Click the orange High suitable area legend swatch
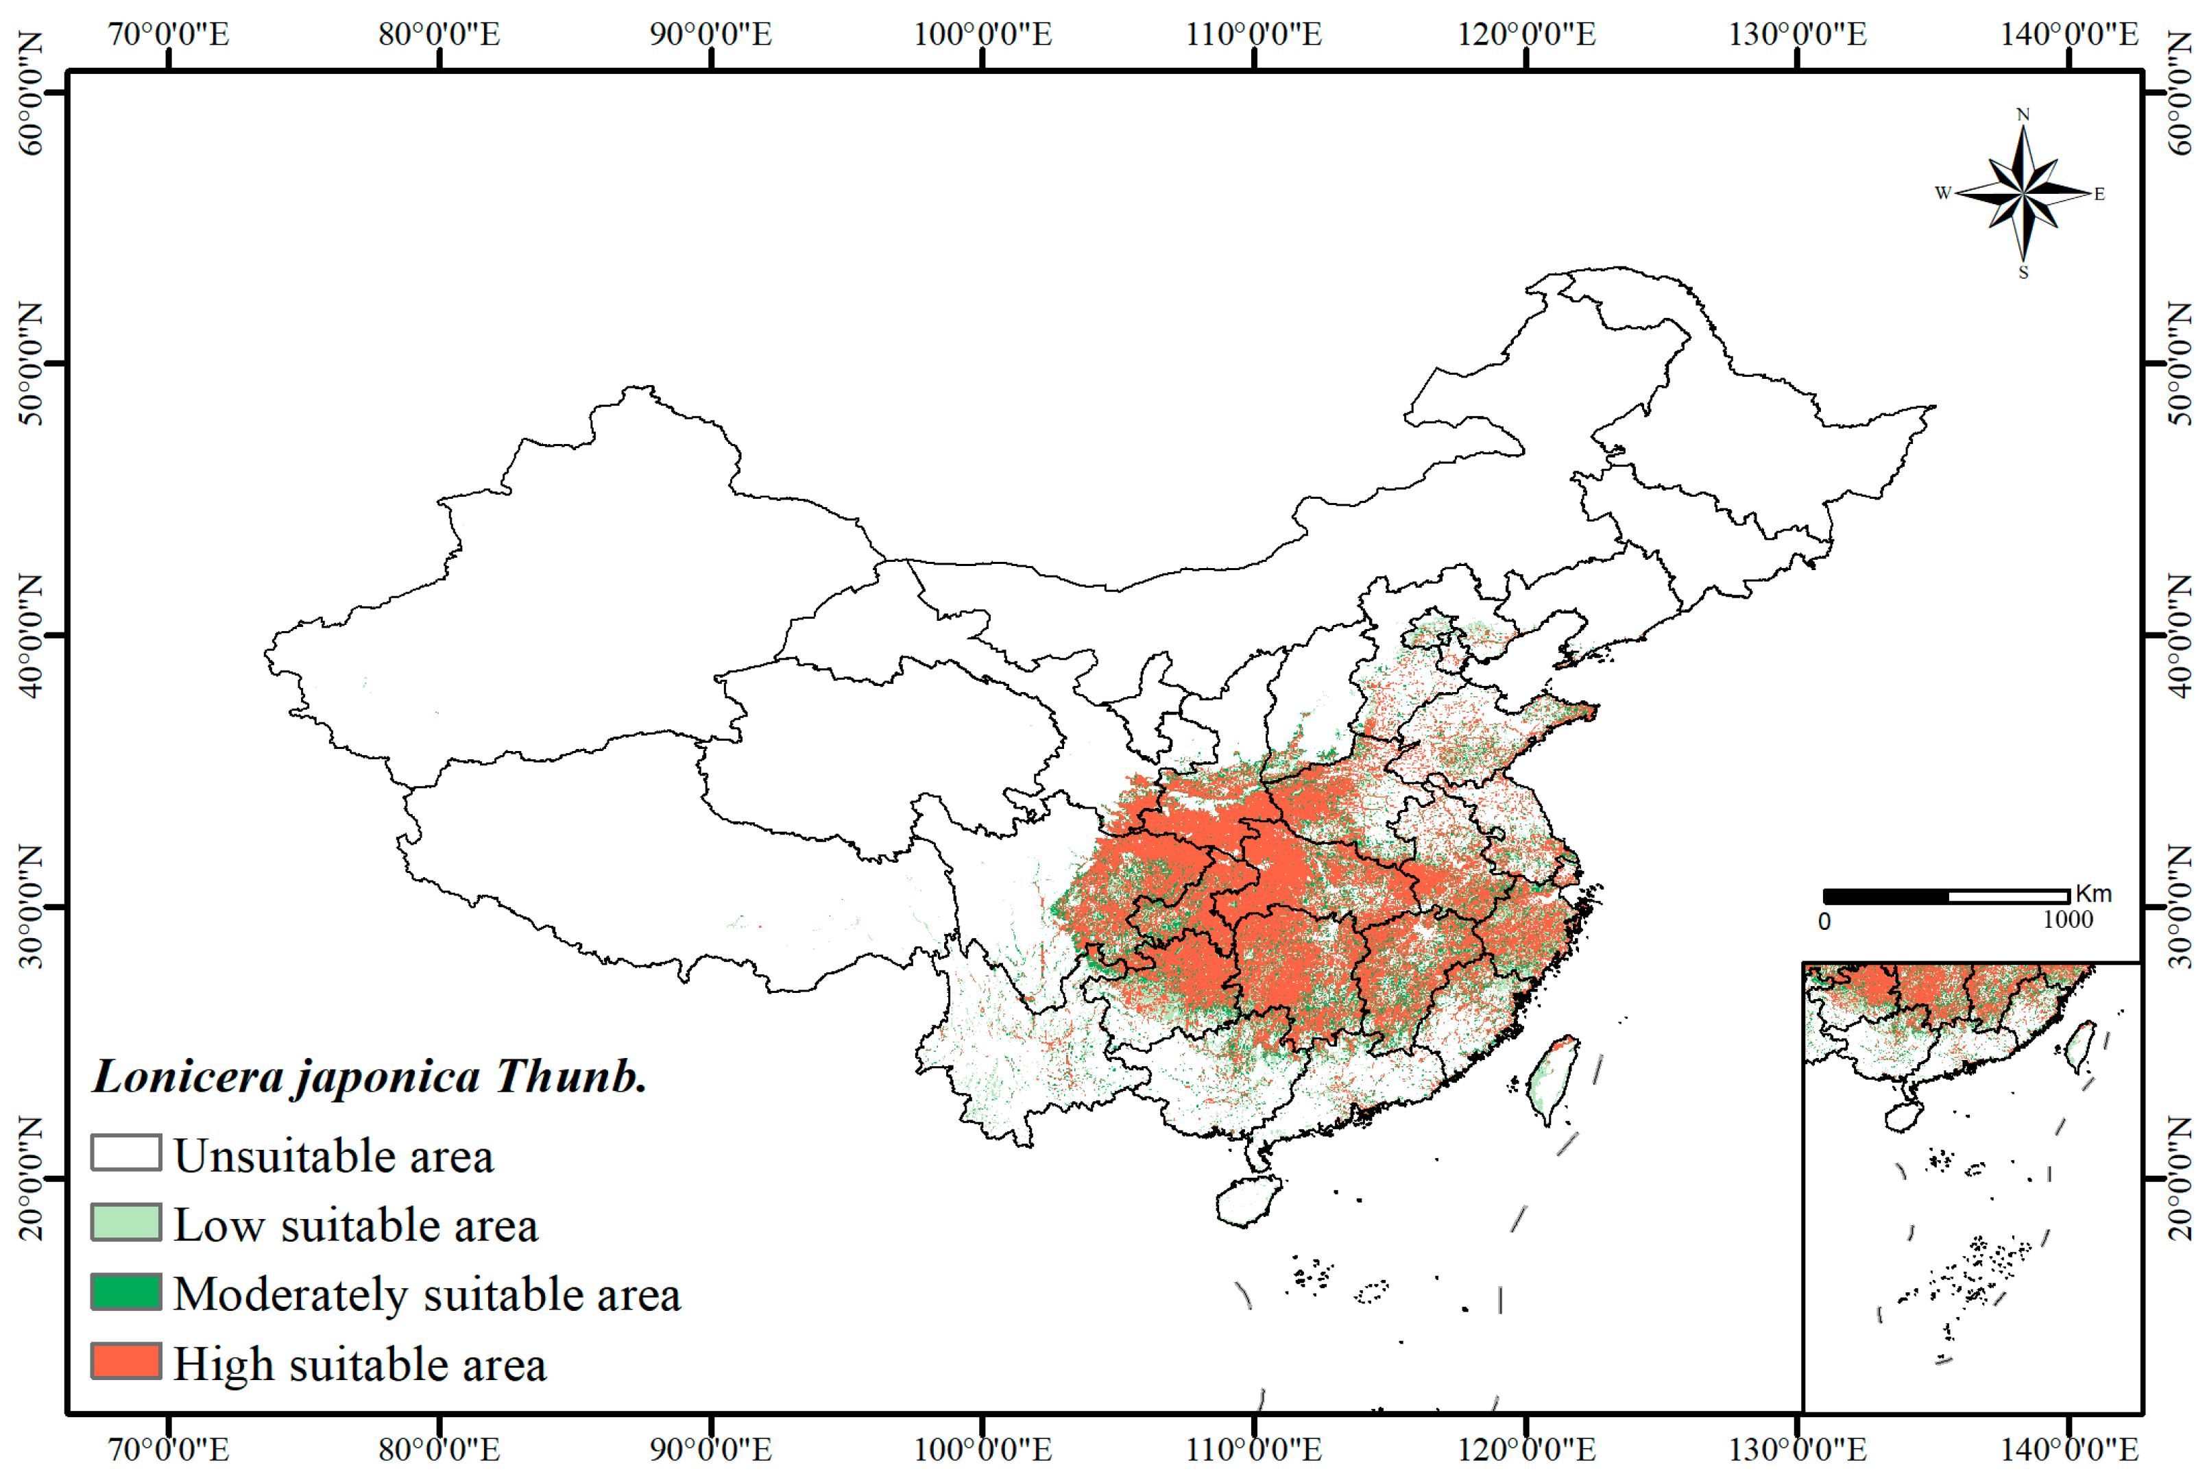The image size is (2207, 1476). (125, 1361)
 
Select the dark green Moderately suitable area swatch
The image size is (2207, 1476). (125, 1292)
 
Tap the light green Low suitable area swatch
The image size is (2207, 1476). (125, 1222)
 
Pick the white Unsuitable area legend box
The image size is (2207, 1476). (125, 1152)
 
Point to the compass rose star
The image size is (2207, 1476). (2023, 194)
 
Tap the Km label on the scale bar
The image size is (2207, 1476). (2093, 894)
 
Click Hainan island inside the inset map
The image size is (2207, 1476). (1901, 1116)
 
